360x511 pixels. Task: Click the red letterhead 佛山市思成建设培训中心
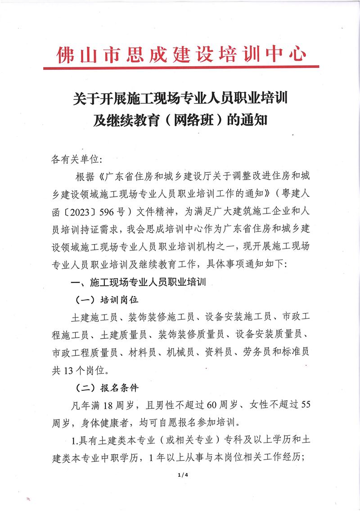[x=180, y=54]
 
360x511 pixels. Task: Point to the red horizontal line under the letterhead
[x=180, y=68]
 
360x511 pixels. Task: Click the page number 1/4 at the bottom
[x=182, y=474]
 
